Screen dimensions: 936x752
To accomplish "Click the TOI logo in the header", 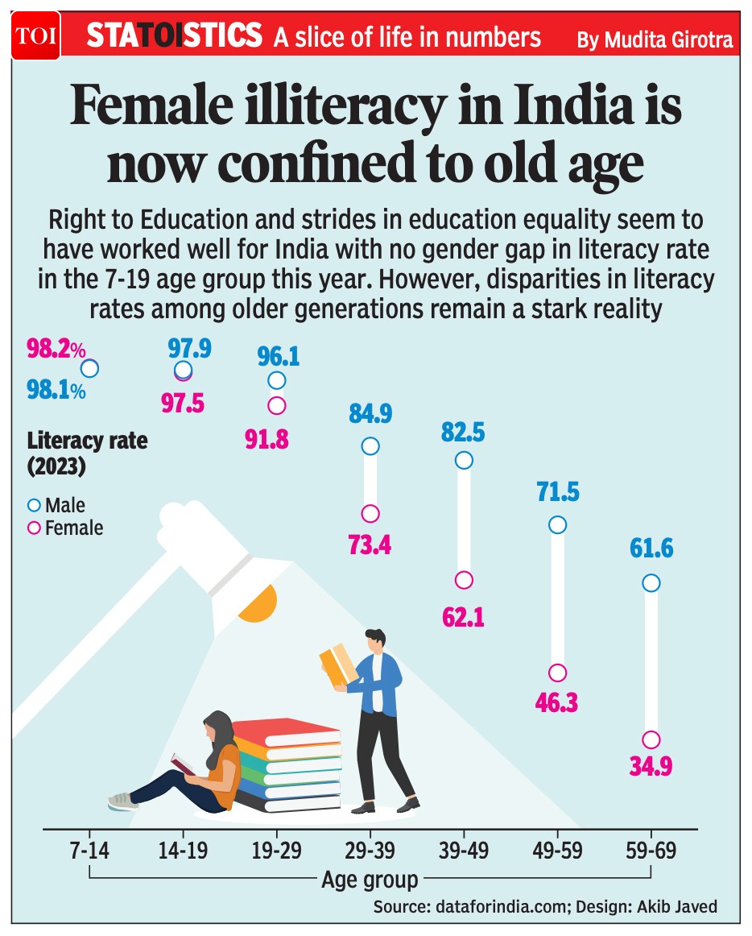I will coord(32,35).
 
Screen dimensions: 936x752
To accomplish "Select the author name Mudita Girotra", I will coord(655,39).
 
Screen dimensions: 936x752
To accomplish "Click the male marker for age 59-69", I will coord(651,582).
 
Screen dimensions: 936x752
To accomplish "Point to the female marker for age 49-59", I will coord(557,673).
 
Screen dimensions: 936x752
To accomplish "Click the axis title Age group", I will coord(370,879).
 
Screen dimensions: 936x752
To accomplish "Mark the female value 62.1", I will coord(463,616).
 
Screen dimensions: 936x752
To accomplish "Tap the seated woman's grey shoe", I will coord(123,801).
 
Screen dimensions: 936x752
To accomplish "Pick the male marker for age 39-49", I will coord(464,460).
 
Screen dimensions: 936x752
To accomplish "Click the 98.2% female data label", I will coord(56,350).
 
